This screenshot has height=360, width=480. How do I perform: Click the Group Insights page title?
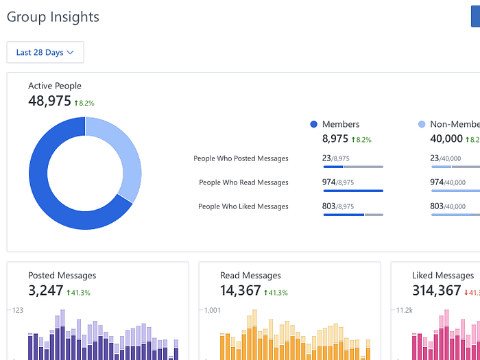coord(53,17)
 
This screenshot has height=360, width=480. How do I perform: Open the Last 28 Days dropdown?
coord(45,52)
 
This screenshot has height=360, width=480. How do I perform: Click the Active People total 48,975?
coord(49,101)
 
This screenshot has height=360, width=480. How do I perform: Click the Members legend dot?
coord(314,124)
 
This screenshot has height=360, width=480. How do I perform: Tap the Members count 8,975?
coord(335,139)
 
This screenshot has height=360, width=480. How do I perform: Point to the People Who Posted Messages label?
coord(241,158)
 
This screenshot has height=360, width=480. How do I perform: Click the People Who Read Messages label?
coord(243,182)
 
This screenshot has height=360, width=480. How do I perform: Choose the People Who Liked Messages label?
coord(243,206)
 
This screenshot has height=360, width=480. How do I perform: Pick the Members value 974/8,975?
coord(338,182)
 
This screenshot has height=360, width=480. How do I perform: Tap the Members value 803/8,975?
coord(338,206)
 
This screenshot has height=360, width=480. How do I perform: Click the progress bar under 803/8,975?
coord(352,215)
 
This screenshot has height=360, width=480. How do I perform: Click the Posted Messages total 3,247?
coord(45,291)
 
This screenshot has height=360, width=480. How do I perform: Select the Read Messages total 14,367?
coord(241,291)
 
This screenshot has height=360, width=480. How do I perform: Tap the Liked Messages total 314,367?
coord(436,291)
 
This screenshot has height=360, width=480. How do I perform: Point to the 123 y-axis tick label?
coord(17,311)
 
